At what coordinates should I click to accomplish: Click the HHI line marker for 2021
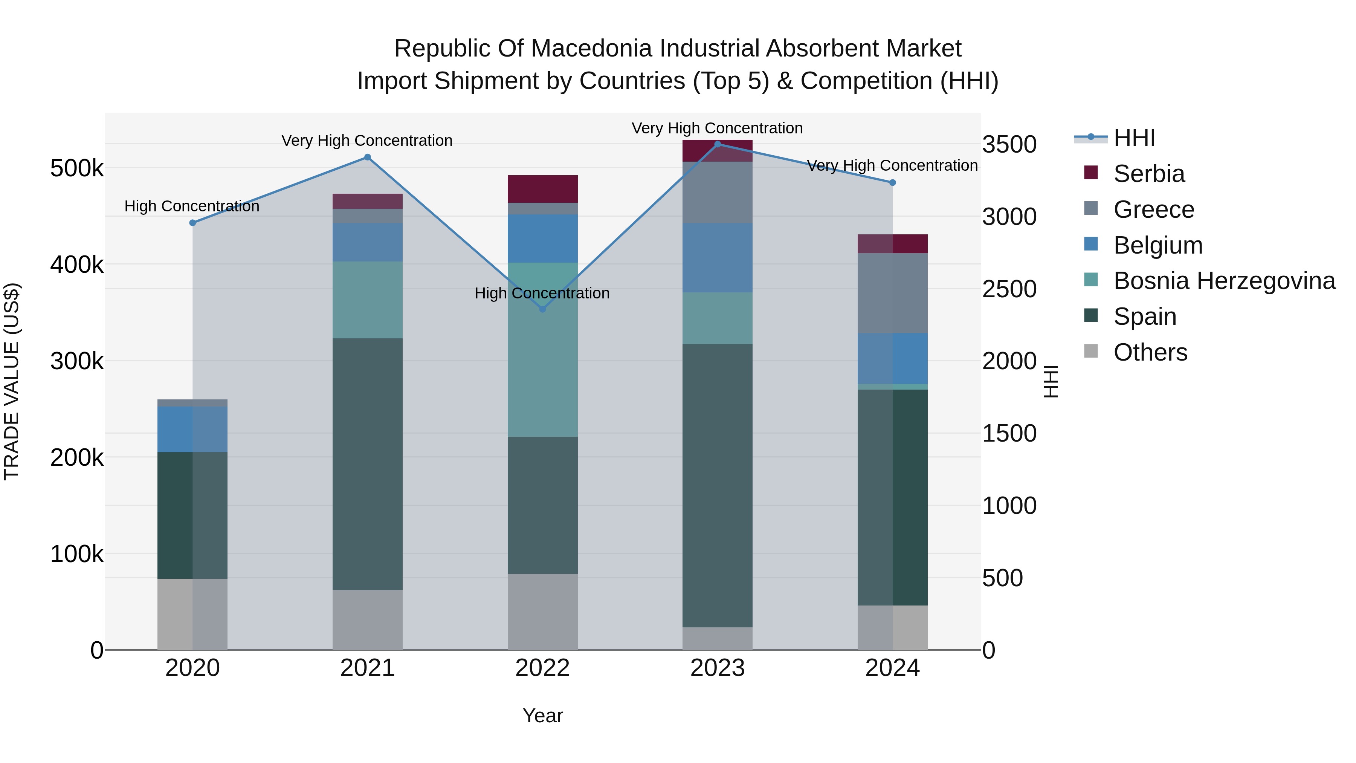tap(367, 157)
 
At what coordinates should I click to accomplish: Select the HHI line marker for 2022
tap(543, 309)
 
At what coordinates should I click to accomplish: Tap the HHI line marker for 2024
tap(892, 183)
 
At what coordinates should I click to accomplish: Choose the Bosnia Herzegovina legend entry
tap(1224, 281)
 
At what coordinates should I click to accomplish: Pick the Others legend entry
tap(1150, 352)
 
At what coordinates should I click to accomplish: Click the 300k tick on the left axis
tap(77, 362)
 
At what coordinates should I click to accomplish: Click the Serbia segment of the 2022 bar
tap(543, 188)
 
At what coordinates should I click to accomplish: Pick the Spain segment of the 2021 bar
tap(367, 463)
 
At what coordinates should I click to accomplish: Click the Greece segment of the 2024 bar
tap(892, 293)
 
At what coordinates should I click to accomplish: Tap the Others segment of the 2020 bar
tap(192, 614)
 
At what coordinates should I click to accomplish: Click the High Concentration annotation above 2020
tap(192, 206)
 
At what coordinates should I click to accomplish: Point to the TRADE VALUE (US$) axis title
tap(12, 381)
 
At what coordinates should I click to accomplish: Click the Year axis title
tap(543, 716)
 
